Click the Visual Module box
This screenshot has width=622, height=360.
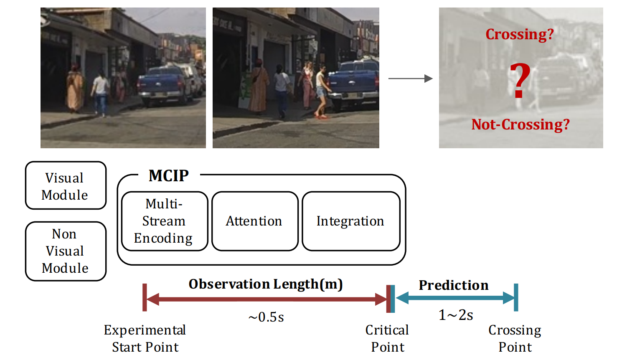[x=66, y=185]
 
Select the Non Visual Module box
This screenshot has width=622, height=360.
[x=66, y=251]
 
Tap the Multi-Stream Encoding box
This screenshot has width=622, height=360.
[x=165, y=221]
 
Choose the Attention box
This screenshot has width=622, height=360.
[x=255, y=221]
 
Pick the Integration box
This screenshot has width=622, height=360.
[x=351, y=221]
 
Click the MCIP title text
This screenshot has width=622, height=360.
[x=168, y=176]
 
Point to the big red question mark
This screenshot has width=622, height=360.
[x=520, y=81]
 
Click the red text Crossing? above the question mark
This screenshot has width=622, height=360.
[x=520, y=34]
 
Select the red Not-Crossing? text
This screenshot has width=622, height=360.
[x=520, y=124]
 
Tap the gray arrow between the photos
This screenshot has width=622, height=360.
[x=410, y=79]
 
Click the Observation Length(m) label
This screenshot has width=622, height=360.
[x=266, y=284]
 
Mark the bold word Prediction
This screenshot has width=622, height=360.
[x=454, y=285]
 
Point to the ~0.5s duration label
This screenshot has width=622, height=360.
[x=266, y=317]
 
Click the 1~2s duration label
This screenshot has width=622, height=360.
[x=456, y=315]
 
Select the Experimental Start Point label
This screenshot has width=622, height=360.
[x=145, y=339]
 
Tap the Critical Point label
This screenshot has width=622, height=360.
[x=387, y=339]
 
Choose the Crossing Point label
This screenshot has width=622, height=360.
[x=515, y=339]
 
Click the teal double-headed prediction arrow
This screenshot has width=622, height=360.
[x=456, y=298]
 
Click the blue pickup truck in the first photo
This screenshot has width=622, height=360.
[x=166, y=86]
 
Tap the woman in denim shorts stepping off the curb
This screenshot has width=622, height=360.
[x=322, y=91]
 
